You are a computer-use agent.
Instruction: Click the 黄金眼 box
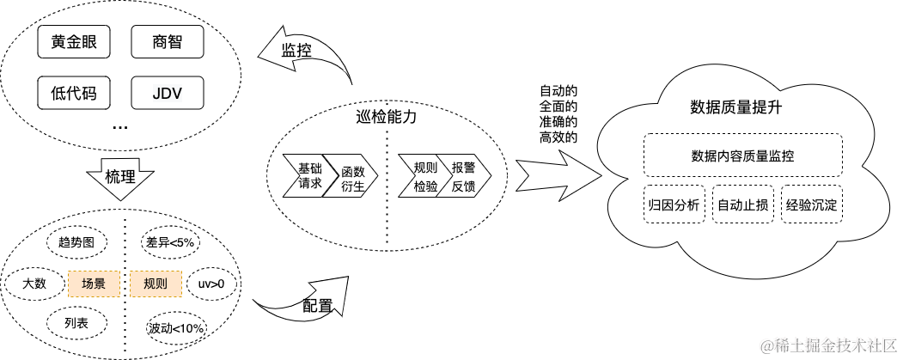coord(74,40)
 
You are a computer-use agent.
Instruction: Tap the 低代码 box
coord(74,93)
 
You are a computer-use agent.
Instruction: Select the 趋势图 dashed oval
coord(88,243)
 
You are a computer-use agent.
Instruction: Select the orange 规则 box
coord(156,284)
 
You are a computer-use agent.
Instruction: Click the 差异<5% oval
coord(170,243)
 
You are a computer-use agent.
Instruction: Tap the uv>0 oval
coord(210,284)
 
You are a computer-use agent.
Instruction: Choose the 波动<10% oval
coord(176,327)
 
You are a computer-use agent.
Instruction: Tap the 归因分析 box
coord(674,205)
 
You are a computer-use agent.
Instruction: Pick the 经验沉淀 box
coord(811,205)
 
